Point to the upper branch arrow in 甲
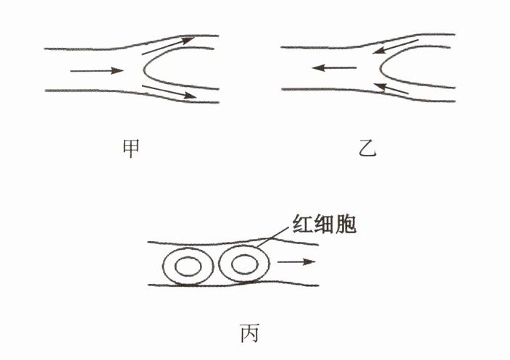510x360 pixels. click(x=167, y=45)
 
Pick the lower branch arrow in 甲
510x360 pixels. click(x=169, y=92)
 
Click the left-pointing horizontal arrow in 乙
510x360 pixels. click(x=334, y=69)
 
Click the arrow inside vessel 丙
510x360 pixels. click(x=297, y=261)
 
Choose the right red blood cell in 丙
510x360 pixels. click(x=241, y=266)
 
